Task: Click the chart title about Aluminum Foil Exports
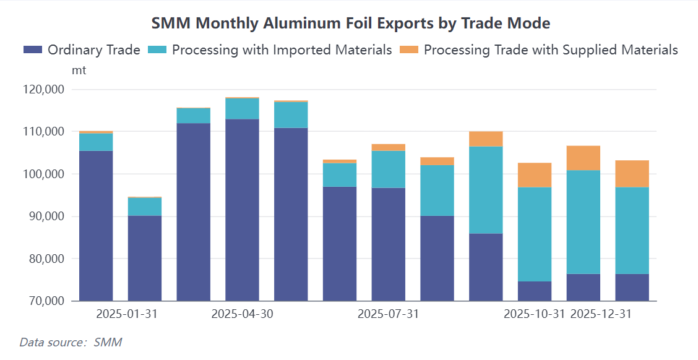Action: (351, 24)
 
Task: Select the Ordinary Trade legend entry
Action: (82, 50)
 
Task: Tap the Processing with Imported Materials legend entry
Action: (270, 50)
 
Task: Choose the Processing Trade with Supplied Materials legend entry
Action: (539, 50)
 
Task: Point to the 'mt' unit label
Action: (79, 70)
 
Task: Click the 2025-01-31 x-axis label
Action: (127, 314)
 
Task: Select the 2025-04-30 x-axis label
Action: (242, 314)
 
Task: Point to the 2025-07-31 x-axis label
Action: (388, 314)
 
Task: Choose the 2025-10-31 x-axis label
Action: (534, 314)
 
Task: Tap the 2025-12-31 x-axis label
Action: (601, 314)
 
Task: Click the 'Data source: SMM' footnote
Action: (71, 342)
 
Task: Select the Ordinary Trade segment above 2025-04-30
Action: (242, 210)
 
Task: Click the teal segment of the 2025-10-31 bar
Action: (534, 234)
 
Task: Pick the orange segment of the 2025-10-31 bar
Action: (534, 175)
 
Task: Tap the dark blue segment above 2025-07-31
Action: (388, 244)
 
